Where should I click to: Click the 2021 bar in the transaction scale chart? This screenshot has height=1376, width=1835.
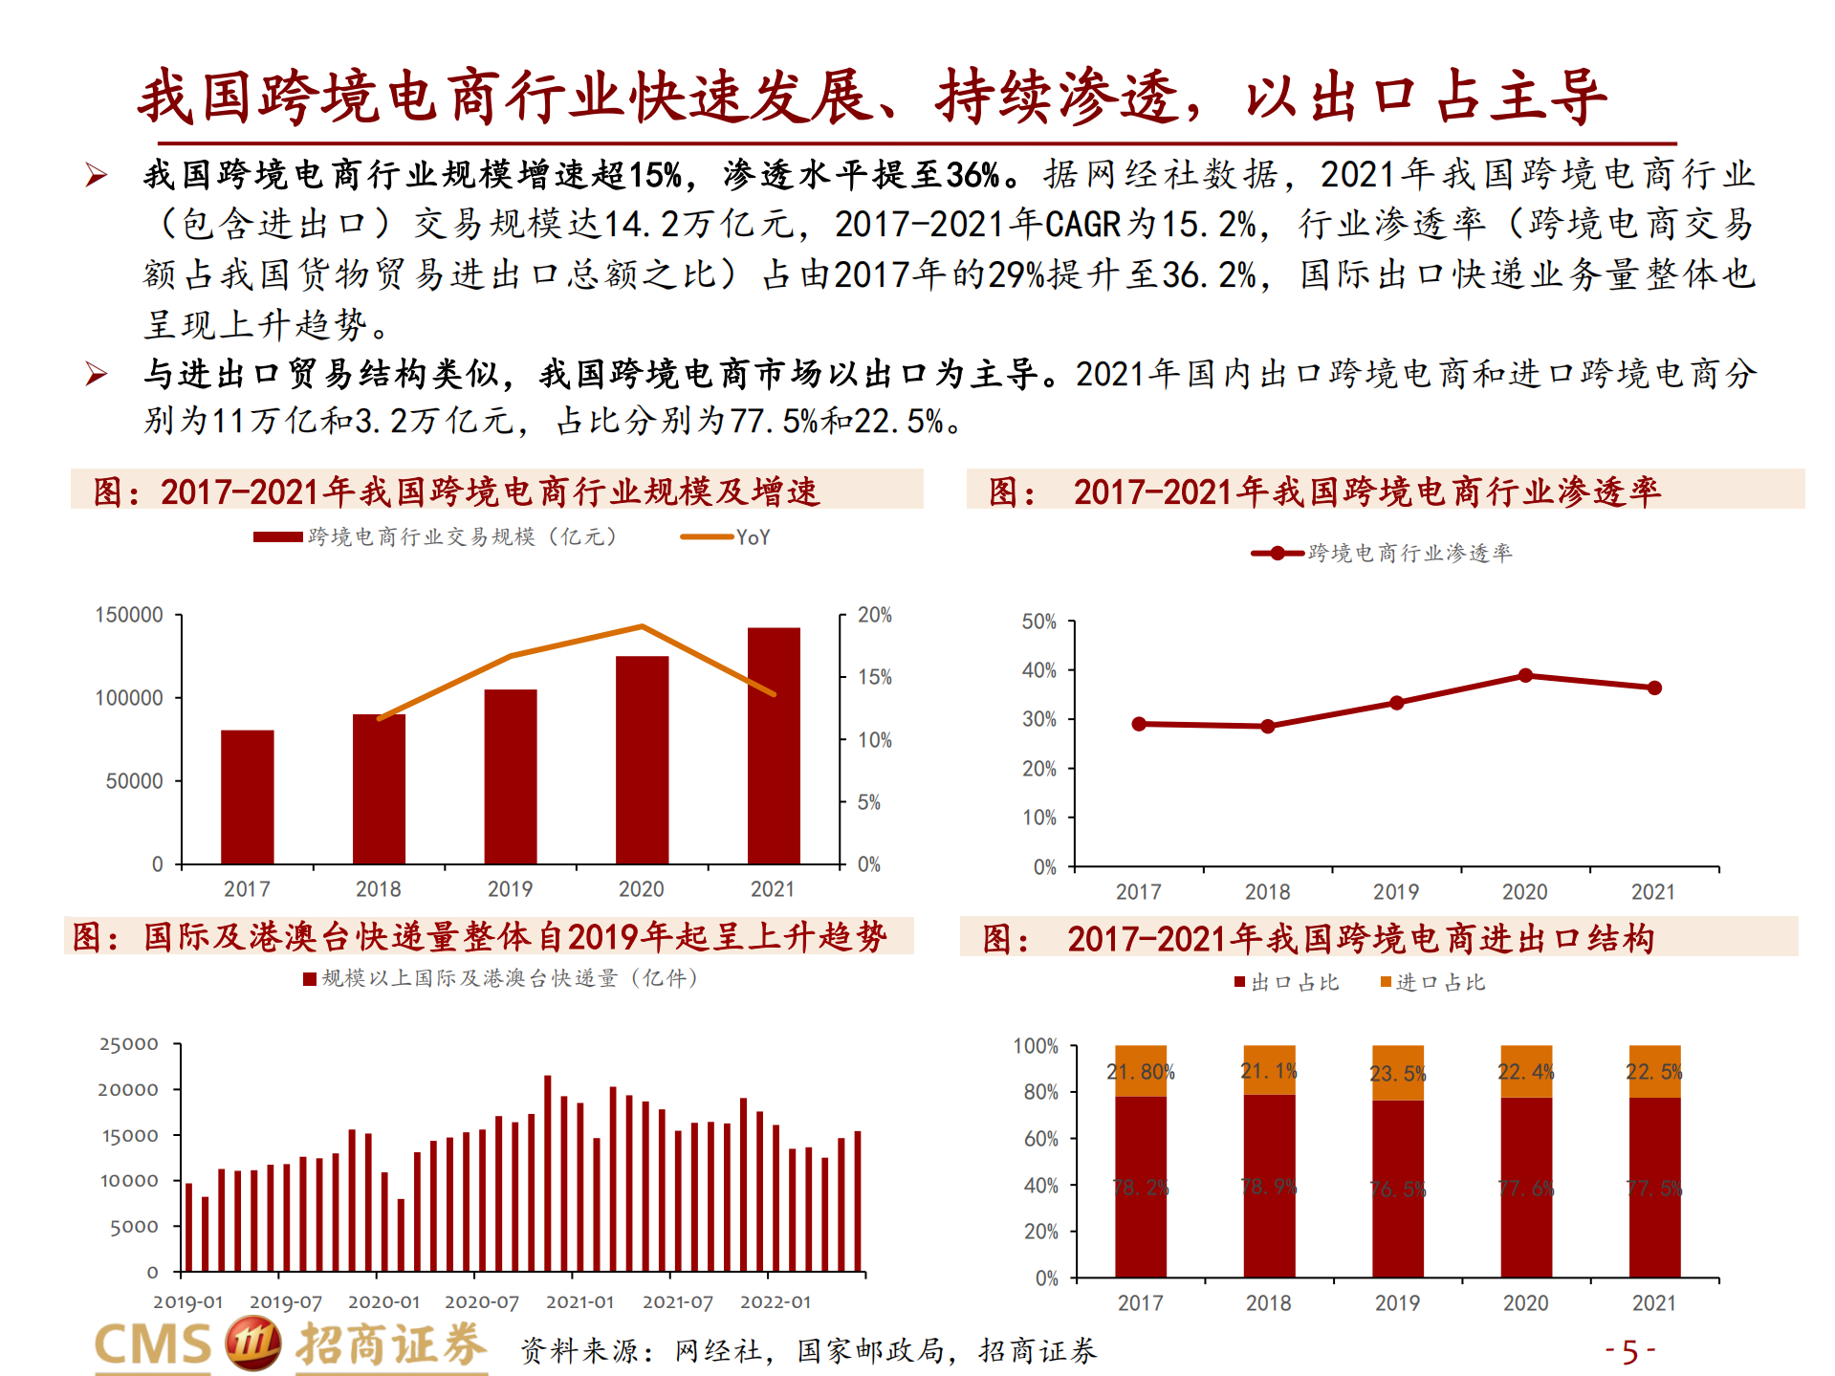pos(774,745)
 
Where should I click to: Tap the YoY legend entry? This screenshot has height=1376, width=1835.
pos(727,537)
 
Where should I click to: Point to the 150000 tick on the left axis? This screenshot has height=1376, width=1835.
pos(129,615)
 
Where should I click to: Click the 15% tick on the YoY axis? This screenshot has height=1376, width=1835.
pos(874,677)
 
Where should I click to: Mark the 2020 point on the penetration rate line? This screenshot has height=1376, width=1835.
pos(1525,676)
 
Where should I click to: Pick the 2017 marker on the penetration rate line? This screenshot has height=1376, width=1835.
pos(1139,724)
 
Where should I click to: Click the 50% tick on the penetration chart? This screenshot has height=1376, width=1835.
pos(1038,622)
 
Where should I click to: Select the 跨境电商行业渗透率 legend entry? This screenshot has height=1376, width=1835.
pos(1383,553)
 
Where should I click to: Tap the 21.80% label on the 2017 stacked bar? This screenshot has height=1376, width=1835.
pos(1141,1072)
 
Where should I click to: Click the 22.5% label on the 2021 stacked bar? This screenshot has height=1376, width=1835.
pos(1654,1072)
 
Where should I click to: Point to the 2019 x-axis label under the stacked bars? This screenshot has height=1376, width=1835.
pos(1397,1303)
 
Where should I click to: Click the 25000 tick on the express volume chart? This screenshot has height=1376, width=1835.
pos(129,1044)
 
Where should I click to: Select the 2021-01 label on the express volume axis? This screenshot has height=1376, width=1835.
pos(579,1302)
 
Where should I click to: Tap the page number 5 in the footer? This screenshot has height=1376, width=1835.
pos(1630,1351)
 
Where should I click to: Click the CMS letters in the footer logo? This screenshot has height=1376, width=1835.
pos(153,1344)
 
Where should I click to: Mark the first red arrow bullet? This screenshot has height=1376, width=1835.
pos(97,175)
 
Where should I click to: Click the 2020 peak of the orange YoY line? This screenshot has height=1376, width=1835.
pos(643,626)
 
